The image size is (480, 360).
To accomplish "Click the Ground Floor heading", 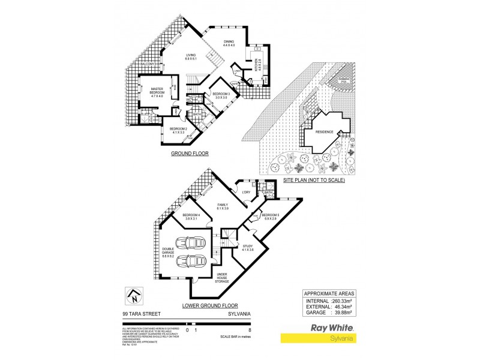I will (x=189, y=154).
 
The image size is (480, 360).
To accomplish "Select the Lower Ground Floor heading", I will (x=206, y=305).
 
